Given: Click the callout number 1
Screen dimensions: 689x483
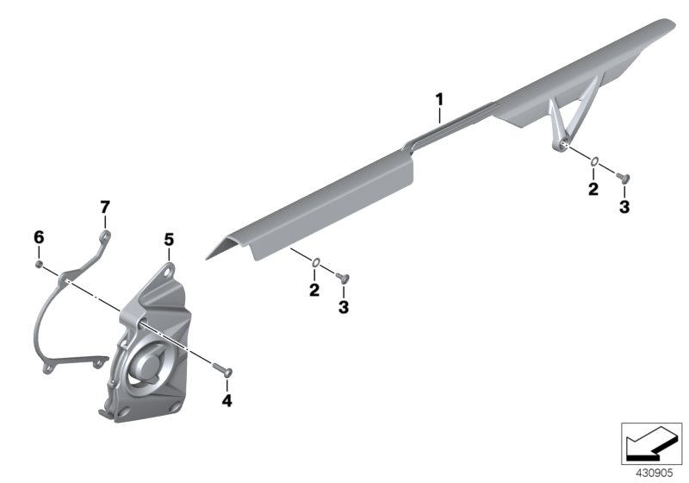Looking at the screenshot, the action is (x=439, y=100).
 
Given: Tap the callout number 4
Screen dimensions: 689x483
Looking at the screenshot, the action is (x=227, y=401).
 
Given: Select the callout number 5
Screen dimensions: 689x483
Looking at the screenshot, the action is (x=169, y=240).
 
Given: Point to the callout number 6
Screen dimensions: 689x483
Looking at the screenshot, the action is (x=39, y=237).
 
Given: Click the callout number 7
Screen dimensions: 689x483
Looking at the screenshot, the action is (x=105, y=207).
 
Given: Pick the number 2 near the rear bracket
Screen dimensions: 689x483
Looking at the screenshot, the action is (x=593, y=189).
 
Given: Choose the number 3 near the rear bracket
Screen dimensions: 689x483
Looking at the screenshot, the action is (x=624, y=207).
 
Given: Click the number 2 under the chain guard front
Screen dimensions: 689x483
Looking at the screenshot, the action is (x=314, y=291).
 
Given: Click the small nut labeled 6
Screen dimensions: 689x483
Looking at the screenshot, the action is (x=39, y=264).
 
